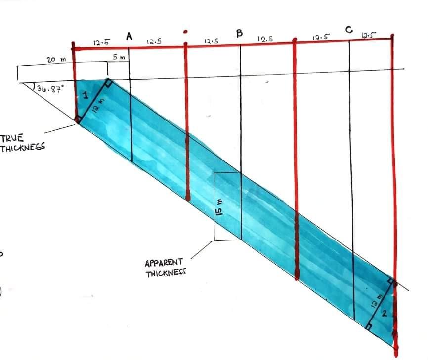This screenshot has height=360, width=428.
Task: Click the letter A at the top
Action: coord(130,36)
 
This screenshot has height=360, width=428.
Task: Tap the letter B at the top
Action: coord(240,34)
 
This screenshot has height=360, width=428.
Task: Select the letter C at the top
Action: coord(349,31)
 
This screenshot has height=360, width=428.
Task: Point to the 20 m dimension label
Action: coord(53,60)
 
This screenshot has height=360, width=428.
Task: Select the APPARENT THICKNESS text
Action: coord(164,267)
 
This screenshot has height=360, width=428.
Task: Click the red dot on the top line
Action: coord(185,31)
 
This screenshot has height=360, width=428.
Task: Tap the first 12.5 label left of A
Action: coord(101,42)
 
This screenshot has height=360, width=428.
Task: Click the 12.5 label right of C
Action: coord(368,35)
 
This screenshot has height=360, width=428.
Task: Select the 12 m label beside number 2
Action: coord(379,300)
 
